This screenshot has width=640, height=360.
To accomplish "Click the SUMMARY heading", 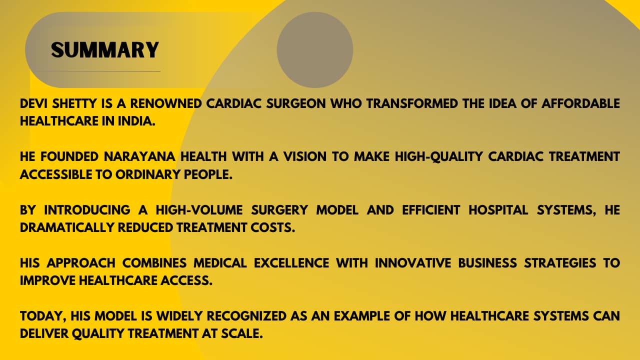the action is tap(105, 50).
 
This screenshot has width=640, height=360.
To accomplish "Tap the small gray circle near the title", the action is tap(315, 49).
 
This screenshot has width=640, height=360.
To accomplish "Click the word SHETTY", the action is tap(74, 103).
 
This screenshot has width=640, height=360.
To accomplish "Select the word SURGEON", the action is tap(296, 103).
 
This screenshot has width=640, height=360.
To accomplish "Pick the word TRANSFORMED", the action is tap(412, 103).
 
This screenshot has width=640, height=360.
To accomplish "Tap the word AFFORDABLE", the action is tap(580, 103).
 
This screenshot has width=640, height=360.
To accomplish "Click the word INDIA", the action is tap(136, 121).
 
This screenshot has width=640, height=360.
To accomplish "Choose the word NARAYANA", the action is tap(139, 156).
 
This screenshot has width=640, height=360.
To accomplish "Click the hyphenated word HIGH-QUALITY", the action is tap(439, 157).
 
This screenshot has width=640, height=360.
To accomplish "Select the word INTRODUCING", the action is tap(87, 210).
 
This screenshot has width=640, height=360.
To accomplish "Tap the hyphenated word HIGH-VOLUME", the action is tap(199, 210).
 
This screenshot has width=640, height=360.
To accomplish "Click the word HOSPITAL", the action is tap(498, 210).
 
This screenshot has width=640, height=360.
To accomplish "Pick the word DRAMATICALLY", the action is tap(67, 227).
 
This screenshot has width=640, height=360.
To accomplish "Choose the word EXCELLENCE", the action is tap(291, 263).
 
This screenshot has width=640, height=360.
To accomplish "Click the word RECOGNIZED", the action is tap(246, 316).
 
